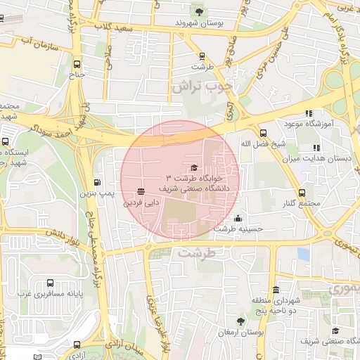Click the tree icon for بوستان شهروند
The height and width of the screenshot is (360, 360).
pyautogui.click(x=202, y=11)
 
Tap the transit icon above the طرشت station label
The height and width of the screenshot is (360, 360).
pyautogui.click(x=202, y=56)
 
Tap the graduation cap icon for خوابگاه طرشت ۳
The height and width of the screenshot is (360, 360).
pyautogui.click(x=194, y=167)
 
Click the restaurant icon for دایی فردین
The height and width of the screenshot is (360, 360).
pyautogui.click(x=141, y=191)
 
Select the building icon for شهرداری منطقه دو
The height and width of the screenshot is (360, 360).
pyautogui.click(x=276, y=290)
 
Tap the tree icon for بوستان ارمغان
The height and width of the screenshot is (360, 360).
pyautogui.click(x=240, y=321)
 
